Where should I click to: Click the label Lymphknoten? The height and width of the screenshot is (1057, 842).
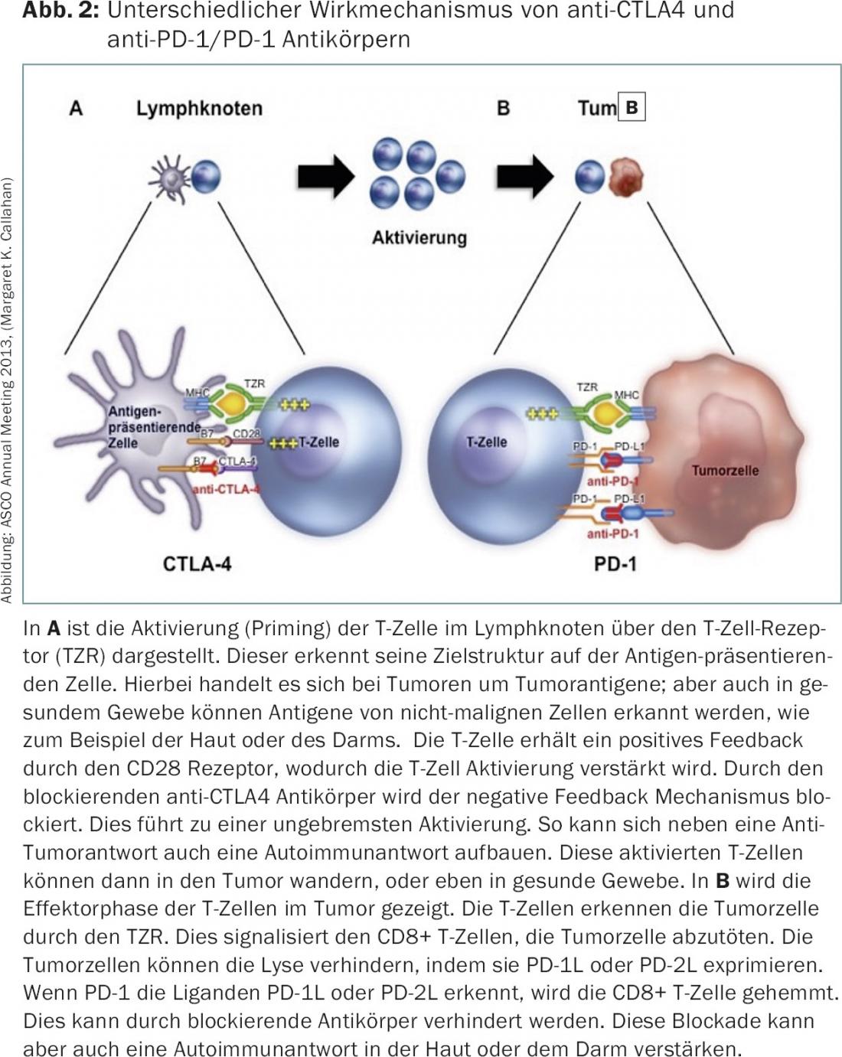point(199,108)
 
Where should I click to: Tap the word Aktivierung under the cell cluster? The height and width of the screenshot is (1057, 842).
point(419,237)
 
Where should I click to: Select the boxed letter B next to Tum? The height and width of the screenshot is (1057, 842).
point(631,107)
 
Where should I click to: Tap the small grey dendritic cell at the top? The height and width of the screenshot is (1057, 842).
point(169,178)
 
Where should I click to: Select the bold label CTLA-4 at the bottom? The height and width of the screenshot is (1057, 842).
point(197,564)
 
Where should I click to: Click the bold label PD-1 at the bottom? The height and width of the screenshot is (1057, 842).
point(615,564)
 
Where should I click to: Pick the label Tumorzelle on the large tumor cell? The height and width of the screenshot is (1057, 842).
point(725,470)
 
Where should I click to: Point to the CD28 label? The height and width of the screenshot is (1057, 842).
point(246,434)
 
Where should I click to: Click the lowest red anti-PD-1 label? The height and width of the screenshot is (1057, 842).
point(612,533)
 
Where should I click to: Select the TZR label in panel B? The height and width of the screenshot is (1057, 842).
point(587,387)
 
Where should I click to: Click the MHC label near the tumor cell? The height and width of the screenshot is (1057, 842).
point(626,395)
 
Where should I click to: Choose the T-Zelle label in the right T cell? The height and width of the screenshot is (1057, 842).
point(487,442)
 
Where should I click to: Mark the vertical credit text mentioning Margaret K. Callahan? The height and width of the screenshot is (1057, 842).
point(8,390)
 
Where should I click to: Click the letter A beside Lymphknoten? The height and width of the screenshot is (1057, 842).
point(76,108)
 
